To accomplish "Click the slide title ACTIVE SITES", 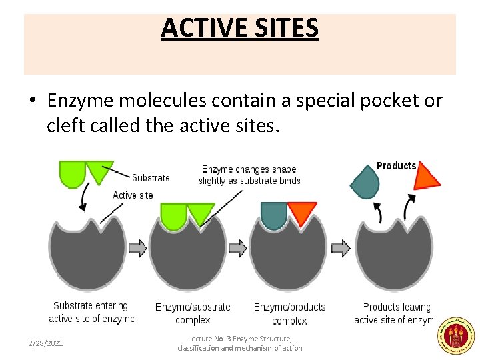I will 240,29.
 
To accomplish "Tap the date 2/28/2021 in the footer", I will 46,343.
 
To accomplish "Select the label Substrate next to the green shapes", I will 151,178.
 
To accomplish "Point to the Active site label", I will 133,195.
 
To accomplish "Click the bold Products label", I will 396,166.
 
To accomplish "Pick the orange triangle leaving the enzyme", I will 425,176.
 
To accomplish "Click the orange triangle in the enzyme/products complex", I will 302,214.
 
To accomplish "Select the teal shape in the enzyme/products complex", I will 273,213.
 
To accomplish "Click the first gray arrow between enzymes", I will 137,249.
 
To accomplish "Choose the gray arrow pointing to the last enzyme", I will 341,249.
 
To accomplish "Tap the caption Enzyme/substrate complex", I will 193,313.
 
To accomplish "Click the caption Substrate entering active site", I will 91,312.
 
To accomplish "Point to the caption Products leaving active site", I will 394,313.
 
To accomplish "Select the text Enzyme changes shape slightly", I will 249,175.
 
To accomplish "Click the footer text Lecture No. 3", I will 239,343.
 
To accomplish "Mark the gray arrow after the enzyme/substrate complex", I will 237,249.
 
